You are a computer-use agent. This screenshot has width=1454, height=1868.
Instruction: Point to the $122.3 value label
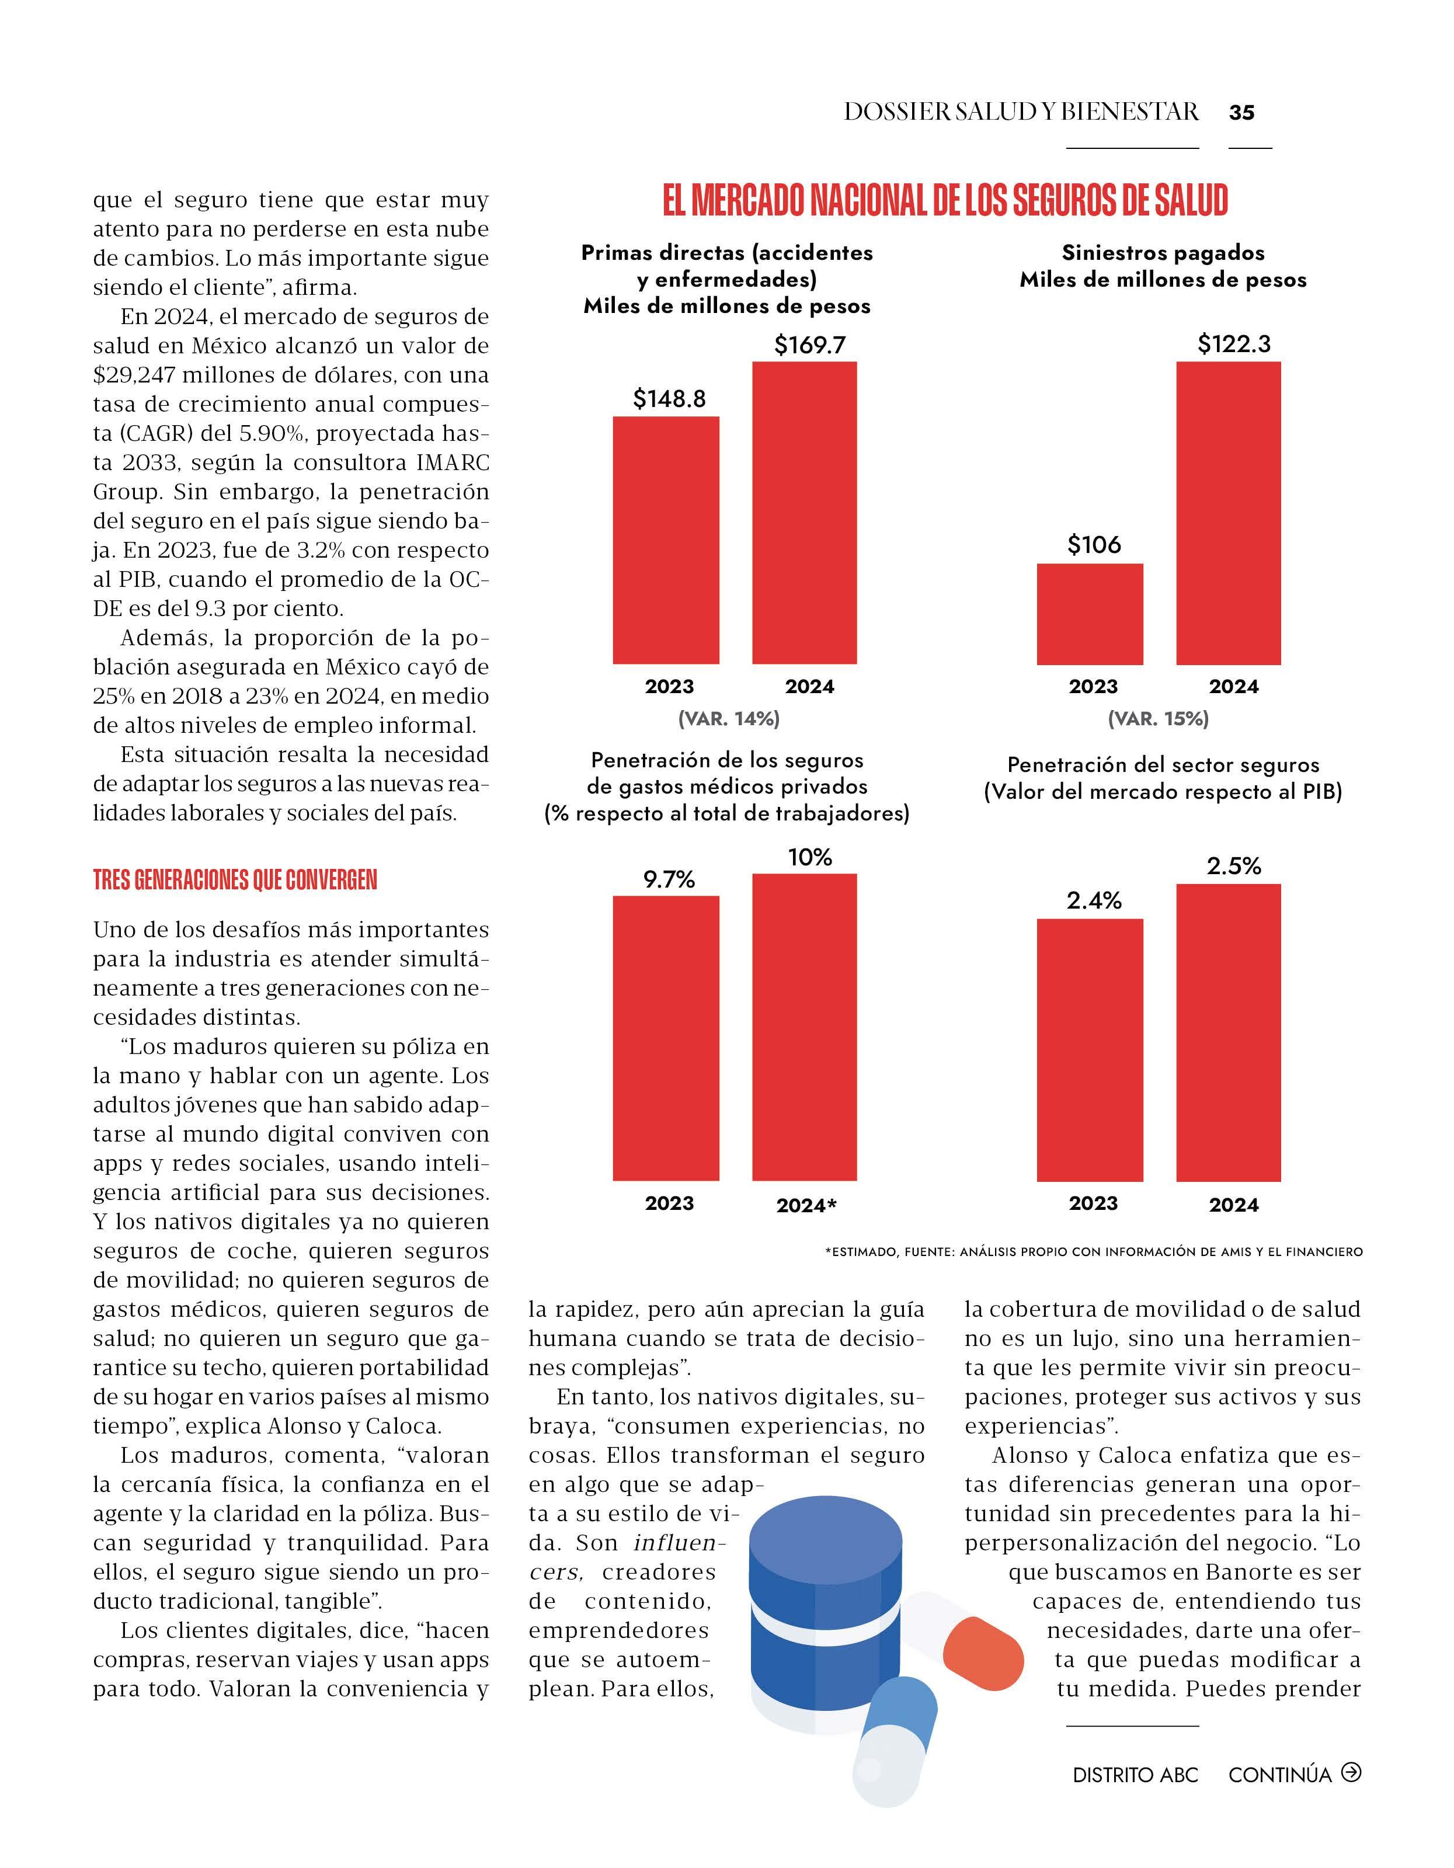[x=1233, y=344]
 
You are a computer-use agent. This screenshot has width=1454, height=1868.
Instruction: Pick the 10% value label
[x=809, y=857]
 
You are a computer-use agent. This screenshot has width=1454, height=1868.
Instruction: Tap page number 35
[x=1241, y=112]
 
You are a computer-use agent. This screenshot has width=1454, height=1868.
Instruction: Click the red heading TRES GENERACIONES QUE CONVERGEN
[x=235, y=880]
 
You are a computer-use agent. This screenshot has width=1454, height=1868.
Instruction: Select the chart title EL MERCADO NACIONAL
[x=945, y=200]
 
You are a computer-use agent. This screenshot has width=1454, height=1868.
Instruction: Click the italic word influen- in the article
[x=679, y=1543]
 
